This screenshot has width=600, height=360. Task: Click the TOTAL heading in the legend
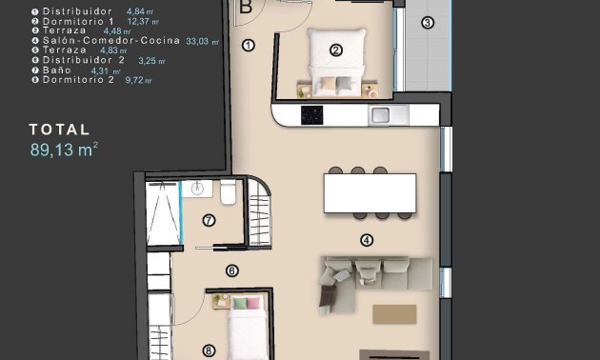tap(59, 130)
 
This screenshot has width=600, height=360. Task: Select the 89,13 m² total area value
tap(64, 149)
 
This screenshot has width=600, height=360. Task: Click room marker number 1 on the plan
tap(249, 45)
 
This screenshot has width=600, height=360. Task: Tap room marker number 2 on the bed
tap(335, 50)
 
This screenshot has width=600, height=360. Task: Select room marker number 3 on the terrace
tap(427, 22)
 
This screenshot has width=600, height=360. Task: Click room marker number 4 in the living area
tap(366, 240)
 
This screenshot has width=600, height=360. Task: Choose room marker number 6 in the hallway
tap(231, 270)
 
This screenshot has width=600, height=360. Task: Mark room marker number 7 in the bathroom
tap(209, 221)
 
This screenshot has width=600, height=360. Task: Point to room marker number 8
tap(209, 350)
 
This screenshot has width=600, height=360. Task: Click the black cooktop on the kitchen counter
tap(312, 115)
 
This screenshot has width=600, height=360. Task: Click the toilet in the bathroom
tap(228, 194)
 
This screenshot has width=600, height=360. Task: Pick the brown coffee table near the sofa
tap(394, 314)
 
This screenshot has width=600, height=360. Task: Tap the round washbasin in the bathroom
tap(198, 189)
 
